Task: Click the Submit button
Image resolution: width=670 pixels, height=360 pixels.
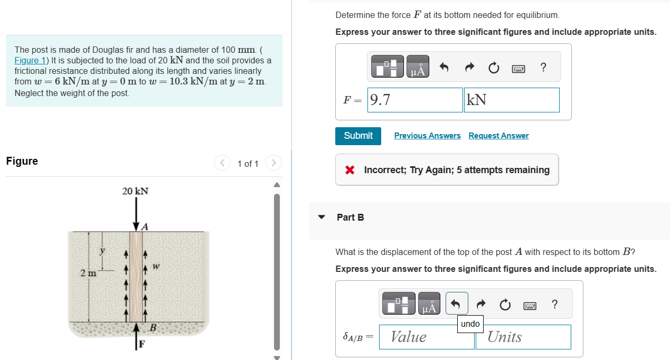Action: (x=358, y=136)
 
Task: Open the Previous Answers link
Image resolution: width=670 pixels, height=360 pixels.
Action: (x=427, y=136)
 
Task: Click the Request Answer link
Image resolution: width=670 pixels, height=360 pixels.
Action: (x=498, y=136)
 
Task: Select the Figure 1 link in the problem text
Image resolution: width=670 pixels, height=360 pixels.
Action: (x=30, y=60)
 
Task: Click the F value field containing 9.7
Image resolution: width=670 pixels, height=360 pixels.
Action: (x=415, y=100)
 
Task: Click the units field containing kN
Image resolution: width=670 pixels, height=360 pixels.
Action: (x=512, y=100)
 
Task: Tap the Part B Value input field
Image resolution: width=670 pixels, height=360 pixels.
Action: (x=427, y=337)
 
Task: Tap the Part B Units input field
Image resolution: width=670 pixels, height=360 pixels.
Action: (x=523, y=337)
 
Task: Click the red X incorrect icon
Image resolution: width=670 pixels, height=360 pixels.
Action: (x=350, y=170)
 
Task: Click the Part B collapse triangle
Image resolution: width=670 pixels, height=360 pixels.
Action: (x=322, y=217)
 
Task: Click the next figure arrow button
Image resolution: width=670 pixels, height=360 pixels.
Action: (x=273, y=163)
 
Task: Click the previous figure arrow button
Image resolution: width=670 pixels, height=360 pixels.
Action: (x=222, y=163)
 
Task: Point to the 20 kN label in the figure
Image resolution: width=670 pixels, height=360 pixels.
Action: (x=135, y=191)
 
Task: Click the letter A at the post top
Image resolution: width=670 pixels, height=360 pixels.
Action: (x=145, y=226)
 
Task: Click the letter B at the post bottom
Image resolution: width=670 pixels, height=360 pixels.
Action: (x=153, y=328)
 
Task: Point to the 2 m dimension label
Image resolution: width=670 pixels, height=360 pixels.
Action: (x=88, y=273)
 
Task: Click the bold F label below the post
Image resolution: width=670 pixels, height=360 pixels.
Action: (x=142, y=344)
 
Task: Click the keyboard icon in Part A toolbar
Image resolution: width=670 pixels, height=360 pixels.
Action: (x=518, y=69)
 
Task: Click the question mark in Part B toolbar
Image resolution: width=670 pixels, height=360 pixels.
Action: (x=554, y=305)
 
